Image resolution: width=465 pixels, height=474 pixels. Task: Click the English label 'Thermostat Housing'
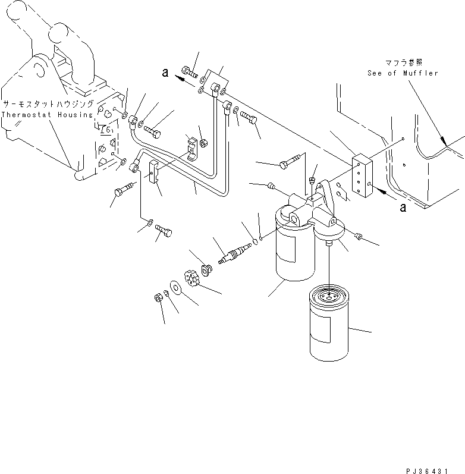coord(47,114)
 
